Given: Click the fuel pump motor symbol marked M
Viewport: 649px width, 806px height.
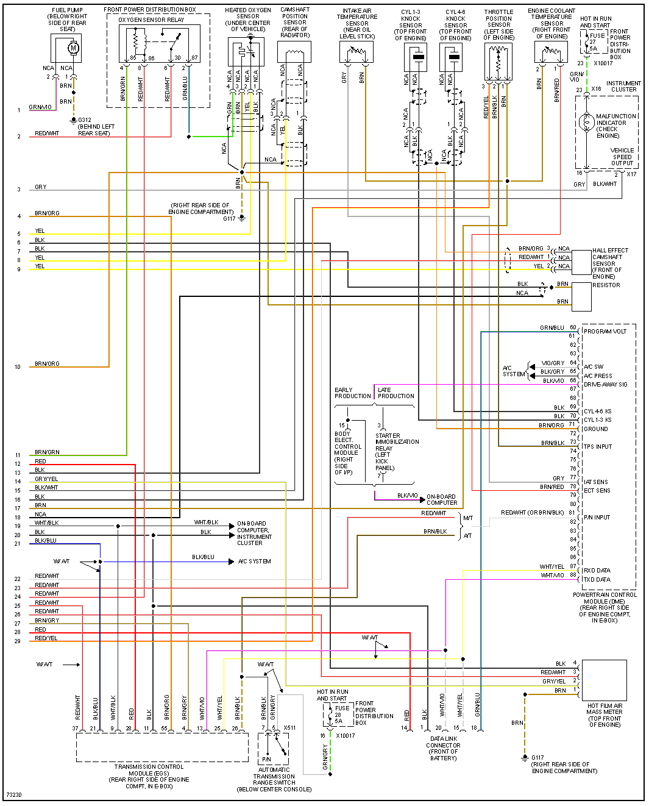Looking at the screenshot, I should [x=74, y=48].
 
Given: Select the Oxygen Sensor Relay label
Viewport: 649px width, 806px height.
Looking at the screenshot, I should [x=151, y=20].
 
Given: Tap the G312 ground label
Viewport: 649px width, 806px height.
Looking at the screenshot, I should [x=85, y=120].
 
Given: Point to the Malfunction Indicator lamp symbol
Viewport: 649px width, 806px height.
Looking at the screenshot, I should [x=587, y=123].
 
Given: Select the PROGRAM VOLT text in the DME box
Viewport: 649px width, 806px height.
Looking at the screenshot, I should [x=605, y=332].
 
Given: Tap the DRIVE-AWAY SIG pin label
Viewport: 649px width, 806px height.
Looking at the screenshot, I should [x=605, y=385].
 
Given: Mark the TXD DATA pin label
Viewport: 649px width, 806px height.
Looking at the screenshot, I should [x=597, y=580].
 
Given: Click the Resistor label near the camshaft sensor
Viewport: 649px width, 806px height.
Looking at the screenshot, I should [x=606, y=285].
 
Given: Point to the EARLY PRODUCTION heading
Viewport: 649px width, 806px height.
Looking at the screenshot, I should [x=352, y=393].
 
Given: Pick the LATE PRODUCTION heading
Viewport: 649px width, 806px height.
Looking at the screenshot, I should [x=395, y=393].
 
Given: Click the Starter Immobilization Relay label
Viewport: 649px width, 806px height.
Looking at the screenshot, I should [x=397, y=452].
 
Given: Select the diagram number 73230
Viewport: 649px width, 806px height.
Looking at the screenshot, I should [x=14, y=795].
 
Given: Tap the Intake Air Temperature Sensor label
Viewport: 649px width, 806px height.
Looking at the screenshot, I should [x=357, y=24].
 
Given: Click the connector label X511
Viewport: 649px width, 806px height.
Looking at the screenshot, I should [x=289, y=728].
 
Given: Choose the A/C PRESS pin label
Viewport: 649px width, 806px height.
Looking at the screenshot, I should [x=598, y=376].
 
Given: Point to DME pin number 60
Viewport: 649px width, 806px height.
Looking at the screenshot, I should [x=573, y=327].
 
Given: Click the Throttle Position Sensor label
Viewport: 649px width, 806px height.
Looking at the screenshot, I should [x=498, y=25].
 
